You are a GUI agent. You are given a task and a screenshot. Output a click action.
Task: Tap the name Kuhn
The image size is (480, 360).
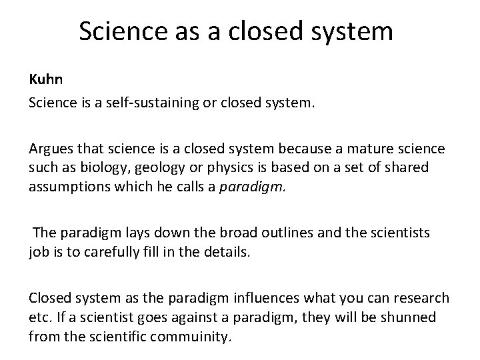[45, 80]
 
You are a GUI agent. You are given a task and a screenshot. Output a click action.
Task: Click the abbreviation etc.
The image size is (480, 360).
[39, 317]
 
